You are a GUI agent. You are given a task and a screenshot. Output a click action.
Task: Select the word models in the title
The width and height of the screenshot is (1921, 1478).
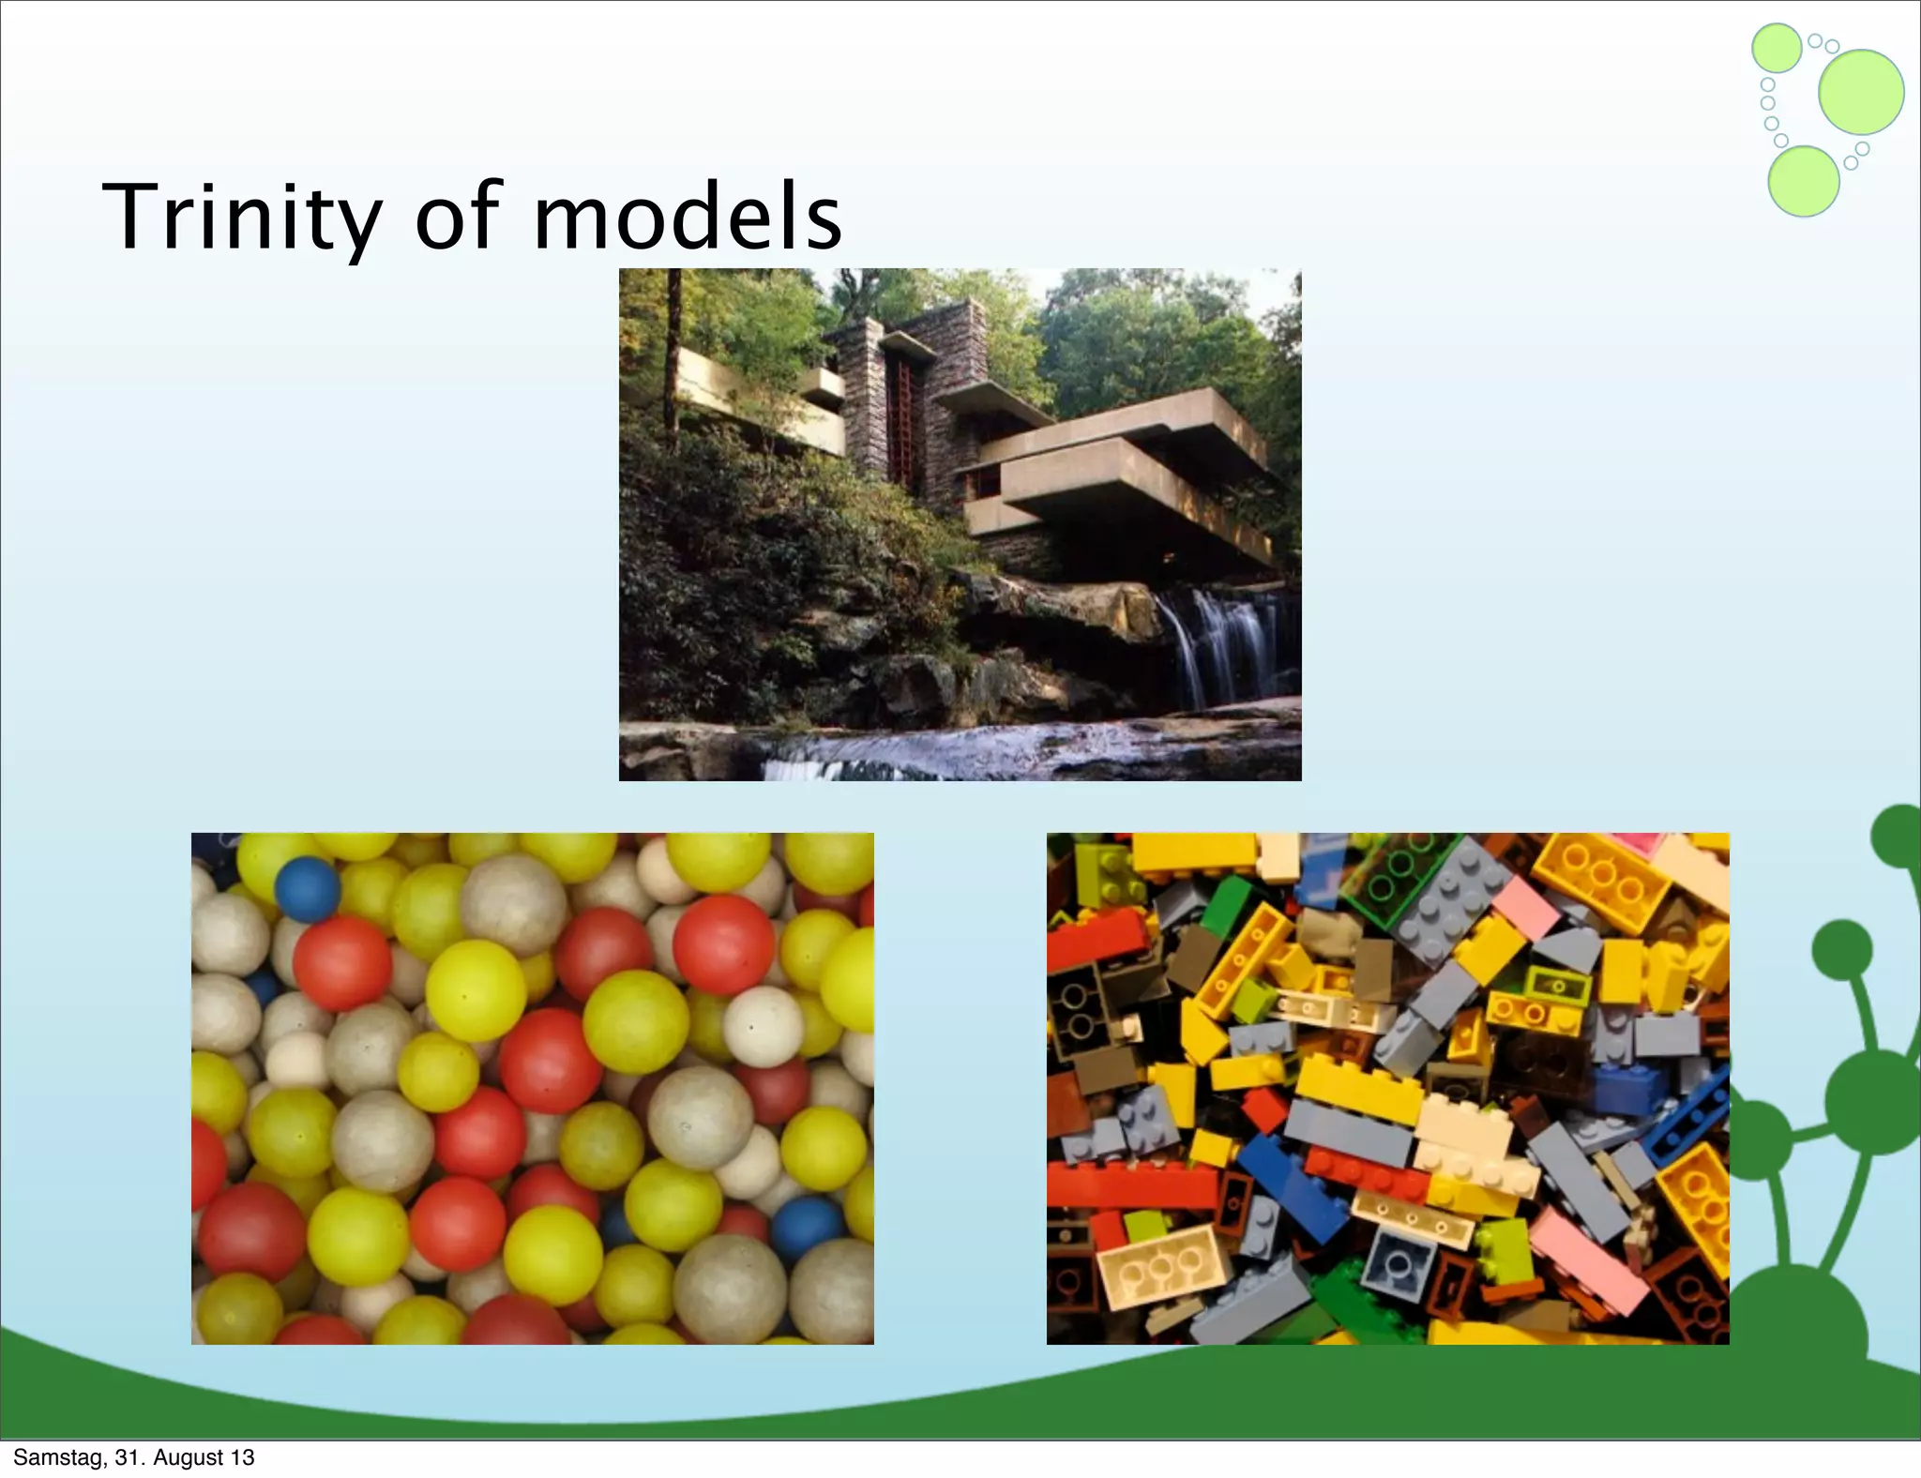pyautogui.click(x=688, y=217)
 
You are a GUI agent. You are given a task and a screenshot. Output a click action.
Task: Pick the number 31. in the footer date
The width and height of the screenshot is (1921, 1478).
pyautogui.click(x=129, y=1457)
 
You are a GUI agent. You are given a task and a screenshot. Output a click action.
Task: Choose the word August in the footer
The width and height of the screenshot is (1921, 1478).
pyautogui.click(x=189, y=1457)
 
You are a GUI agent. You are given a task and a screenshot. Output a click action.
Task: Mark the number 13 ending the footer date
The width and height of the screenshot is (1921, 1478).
pyautogui.click(x=242, y=1457)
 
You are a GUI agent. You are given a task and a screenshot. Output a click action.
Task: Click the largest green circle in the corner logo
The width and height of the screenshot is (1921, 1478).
pyautogui.click(x=1860, y=92)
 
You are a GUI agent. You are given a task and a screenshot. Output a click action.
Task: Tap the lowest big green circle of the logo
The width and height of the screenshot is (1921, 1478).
pyautogui.click(x=1803, y=181)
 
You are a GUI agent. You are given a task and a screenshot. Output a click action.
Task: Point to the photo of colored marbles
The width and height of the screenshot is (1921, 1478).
pyautogui.click(x=532, y=1088)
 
